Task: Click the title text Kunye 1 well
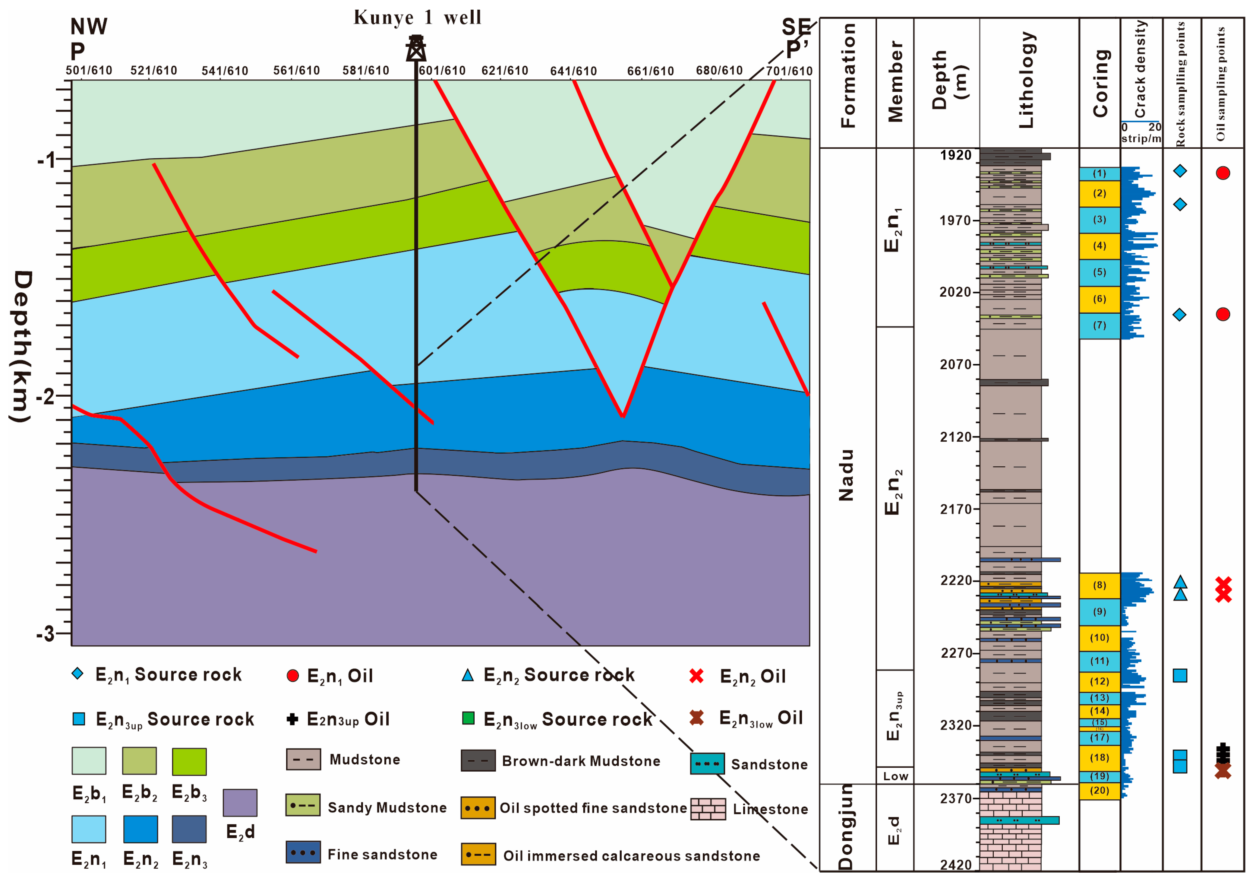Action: (417, 17)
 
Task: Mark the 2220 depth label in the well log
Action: (956, 580)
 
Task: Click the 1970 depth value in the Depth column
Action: (956, 220)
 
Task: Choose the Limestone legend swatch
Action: (708, 808)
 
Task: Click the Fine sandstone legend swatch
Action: (303, 852)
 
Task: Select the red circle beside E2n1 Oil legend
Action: (293, 676)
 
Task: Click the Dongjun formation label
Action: (846, 827)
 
